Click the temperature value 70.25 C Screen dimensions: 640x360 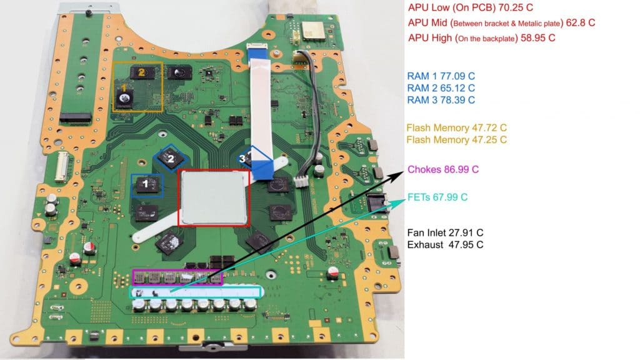click(516, 7)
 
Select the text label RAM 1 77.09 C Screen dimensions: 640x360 click(441, 76)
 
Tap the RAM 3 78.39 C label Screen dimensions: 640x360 click(441, 100)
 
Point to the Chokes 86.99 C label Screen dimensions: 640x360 click(443, 169)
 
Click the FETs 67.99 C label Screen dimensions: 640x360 click(437, 197)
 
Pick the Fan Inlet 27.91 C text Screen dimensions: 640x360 click(445, 232)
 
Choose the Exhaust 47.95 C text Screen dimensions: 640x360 click(445, 244)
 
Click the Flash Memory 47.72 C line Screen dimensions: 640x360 click(456, 127)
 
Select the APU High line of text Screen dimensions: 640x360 click(482, 38)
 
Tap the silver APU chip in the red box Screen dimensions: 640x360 click(214, 197)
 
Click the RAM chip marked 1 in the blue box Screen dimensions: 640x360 click(147, 185)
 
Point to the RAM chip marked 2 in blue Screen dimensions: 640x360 click(171, 158)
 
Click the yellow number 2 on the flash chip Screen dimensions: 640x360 click(141, 72)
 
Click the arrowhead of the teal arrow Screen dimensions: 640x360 click(401, 201)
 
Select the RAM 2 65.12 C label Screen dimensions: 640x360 click(441, 87)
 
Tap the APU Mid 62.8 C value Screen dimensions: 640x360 click(580, 22)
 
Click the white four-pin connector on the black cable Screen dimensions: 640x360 click(301, 181)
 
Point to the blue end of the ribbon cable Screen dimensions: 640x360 click(263, 169)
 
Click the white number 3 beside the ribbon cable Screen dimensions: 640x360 click(242, 158)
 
